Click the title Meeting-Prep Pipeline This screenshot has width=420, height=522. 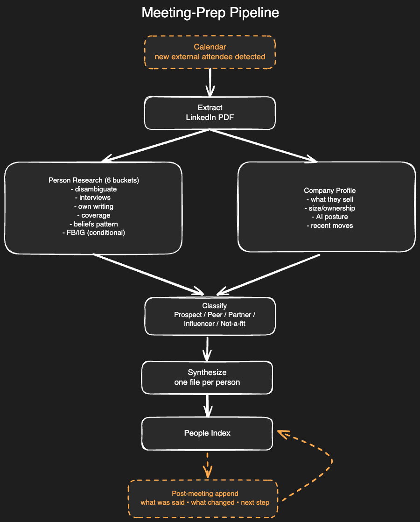pos(210,13)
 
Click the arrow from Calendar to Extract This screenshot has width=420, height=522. pos(210,83)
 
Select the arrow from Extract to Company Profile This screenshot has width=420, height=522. pos(264,146)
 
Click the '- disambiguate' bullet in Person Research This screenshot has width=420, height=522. pos(94,189)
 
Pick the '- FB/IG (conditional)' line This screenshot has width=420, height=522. pos(94,233)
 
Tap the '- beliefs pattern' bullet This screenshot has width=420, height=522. pos(94,224)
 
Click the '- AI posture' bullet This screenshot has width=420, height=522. pos(330,217)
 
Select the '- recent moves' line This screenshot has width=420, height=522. pos(330,226)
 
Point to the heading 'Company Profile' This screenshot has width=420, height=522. pos(330,190)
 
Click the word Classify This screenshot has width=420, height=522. pos(214,306)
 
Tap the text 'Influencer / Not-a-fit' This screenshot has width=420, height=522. pos(214,323)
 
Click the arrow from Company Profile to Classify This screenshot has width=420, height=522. pos(268,275)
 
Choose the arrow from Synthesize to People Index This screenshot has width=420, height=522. pos(208,406)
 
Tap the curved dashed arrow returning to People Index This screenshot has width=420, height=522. pos(332,461)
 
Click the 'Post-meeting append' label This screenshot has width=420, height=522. pos(205,494)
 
